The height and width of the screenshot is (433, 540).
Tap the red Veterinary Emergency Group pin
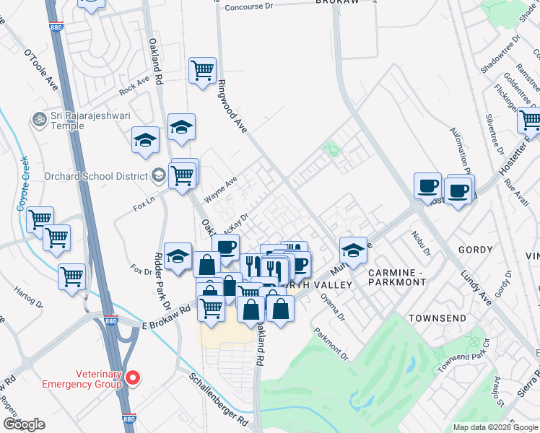point(133,377)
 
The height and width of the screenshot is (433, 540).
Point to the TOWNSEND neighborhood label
point(435,318)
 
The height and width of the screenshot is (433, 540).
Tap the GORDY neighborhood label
point(475,250)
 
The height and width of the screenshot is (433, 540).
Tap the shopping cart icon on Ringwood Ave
point(203,70)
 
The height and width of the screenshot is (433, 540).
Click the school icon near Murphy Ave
point(353,250)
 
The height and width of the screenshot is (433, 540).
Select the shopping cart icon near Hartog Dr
point(71,276)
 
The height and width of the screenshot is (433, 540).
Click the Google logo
point(24,424)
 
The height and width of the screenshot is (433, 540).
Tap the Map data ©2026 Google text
point(495,427)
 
